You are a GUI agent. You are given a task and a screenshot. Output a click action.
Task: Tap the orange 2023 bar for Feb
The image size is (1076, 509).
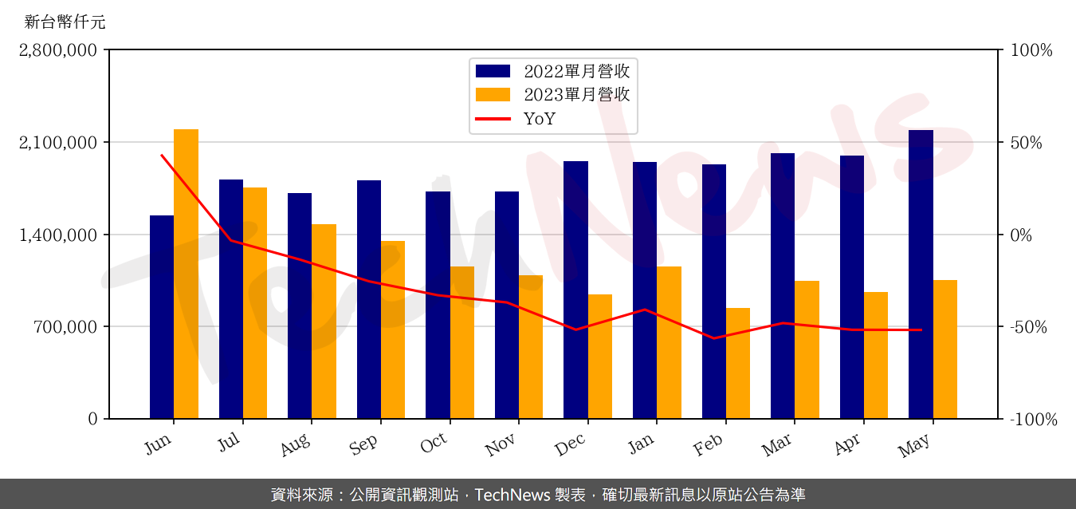738,363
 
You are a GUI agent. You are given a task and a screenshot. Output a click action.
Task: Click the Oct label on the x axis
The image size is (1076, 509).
434,444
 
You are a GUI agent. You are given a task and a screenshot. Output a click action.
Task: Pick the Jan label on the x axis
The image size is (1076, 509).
642,443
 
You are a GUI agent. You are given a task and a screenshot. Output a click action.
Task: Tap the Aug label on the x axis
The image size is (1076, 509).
296,445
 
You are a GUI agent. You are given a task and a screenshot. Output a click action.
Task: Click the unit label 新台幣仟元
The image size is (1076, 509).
65,22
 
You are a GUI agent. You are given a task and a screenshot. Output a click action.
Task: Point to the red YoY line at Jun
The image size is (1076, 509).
162,156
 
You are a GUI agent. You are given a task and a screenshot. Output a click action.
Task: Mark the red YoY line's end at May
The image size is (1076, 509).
921,329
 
